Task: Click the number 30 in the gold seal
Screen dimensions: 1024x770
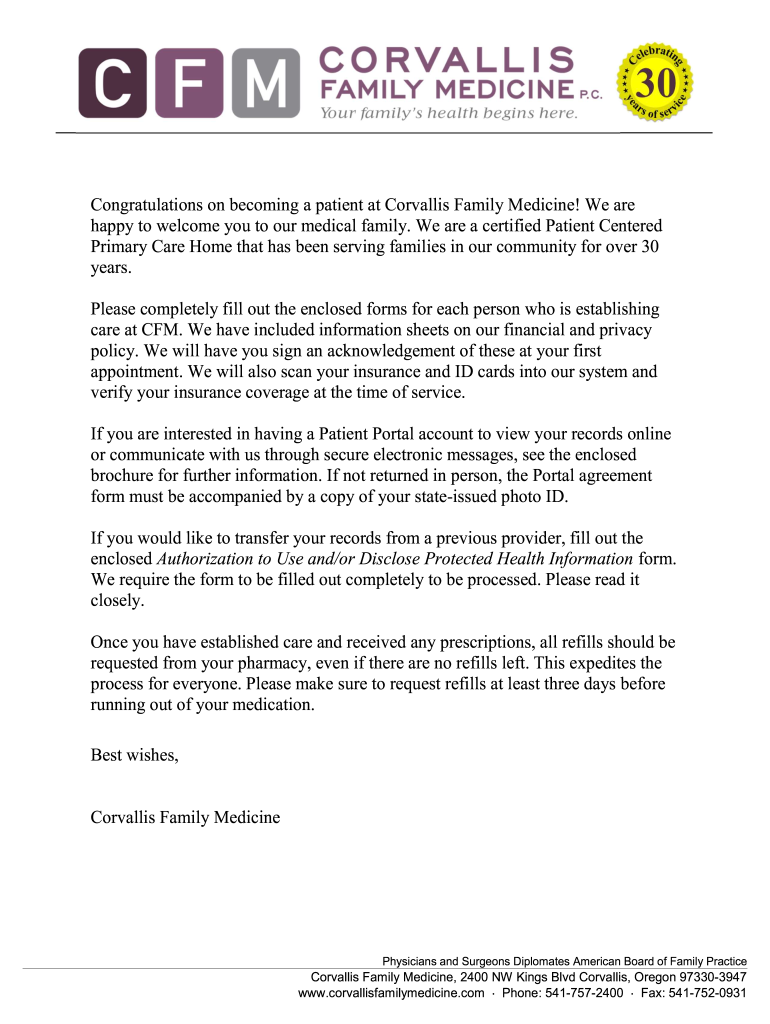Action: click(x=657, y=84)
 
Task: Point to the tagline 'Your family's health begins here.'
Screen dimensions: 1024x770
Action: click(x=448, y=113)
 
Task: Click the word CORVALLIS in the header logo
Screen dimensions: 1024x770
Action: click(x=446, y=59)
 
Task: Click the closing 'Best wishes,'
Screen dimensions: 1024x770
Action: click(x=134, y=754)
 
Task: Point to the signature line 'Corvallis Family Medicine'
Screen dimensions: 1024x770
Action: click(x=185, y=818)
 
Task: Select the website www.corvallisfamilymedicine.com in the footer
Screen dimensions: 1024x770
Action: click(x=391, y=993)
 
